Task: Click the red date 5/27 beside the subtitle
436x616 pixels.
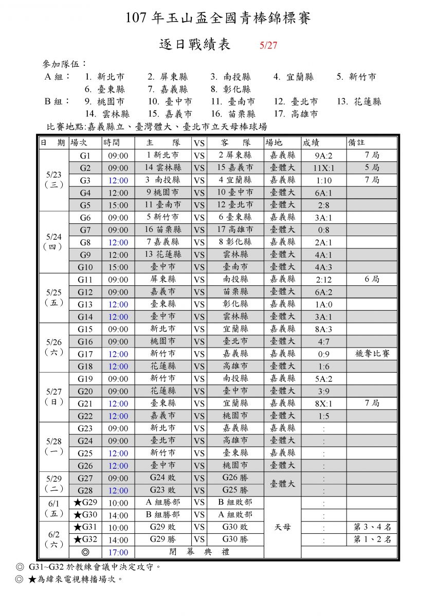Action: coord(268,45)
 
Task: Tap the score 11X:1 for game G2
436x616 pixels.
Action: coord(323,168)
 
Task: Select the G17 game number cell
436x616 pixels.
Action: coord(85,354)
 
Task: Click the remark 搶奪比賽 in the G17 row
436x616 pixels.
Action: coord(372,354)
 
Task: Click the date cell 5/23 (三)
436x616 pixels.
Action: coord(54,180)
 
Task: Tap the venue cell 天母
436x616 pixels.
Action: coord(282,527)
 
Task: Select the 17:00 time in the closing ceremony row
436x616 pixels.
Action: coord(118,552)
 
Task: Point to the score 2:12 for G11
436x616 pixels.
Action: coord(323,280)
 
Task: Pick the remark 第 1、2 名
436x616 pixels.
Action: coord(372,540)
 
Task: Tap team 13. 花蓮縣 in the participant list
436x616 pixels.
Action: coord(359,102)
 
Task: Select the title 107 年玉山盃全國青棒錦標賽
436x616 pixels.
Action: coord(218,19)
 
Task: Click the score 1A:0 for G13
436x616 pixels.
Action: coord(323,304)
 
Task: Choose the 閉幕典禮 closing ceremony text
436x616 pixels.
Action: coord(199,552)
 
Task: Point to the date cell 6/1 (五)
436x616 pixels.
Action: coord(54,508)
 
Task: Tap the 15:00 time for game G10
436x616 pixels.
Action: coord(118,267)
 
